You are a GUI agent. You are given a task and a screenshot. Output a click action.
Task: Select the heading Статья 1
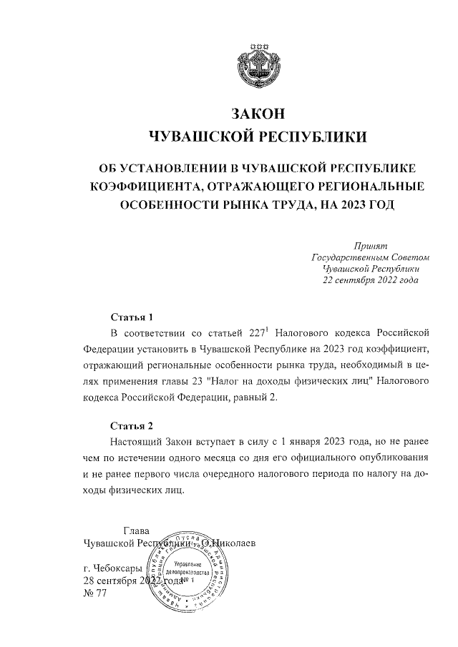coord(132,316)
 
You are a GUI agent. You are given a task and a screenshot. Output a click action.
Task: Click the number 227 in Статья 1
coord(255,333)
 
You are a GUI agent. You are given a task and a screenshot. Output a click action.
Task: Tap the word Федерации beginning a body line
coord(109,349)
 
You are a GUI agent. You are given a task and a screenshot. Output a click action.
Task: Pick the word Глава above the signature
coord(137,531)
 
